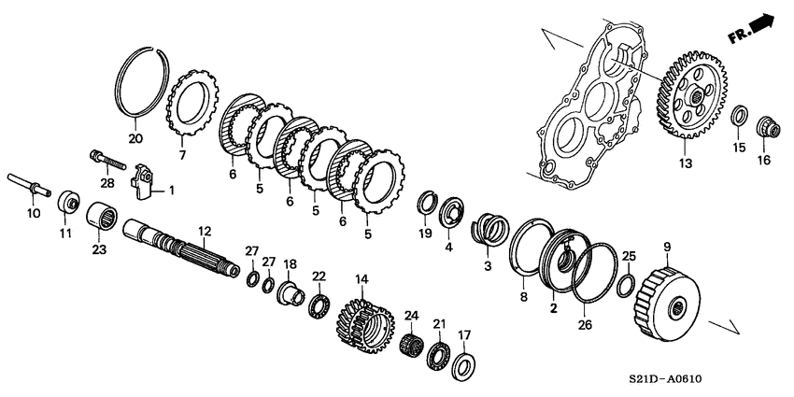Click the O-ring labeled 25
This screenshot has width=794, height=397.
[x=628, y=281]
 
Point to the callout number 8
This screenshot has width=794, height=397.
[x=523, y=298]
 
